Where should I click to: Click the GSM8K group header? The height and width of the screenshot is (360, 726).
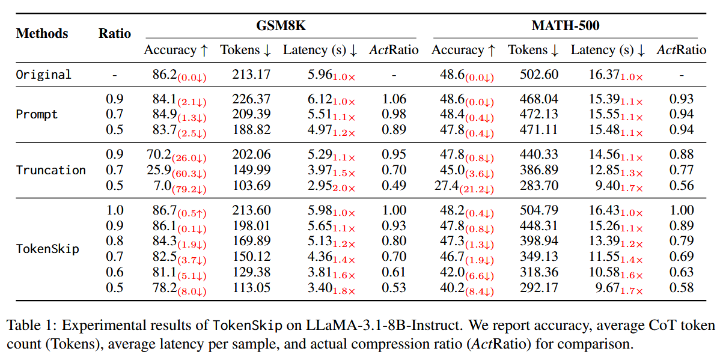(x=281, y=26)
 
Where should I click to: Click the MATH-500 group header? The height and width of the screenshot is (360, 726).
(x=565, y=26)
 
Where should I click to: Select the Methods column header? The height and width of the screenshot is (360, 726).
(x=42, y=34)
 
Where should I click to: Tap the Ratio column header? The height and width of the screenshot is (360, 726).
(x=115, y=34)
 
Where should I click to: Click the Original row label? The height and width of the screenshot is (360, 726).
(x=43, y=75)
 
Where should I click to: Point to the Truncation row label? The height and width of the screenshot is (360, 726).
(x=50, y=170)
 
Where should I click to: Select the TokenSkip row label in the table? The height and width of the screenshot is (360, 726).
(x=47, y=249)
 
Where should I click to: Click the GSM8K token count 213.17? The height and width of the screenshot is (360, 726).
(x=251, y=75)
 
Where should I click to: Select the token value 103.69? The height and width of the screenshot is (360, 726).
(x=251, y=185)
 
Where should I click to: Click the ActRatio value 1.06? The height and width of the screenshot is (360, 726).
(x=394, y=99)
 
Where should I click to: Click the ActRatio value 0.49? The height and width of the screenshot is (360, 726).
(x=394, y=185)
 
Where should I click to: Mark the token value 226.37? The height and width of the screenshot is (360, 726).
(x=251, y=99)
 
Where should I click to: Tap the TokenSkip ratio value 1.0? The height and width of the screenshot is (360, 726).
(x=115, y=210)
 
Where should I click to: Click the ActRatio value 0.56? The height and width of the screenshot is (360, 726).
(x=681, y=185)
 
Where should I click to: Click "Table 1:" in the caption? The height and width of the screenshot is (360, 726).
(x=31, y=326)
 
